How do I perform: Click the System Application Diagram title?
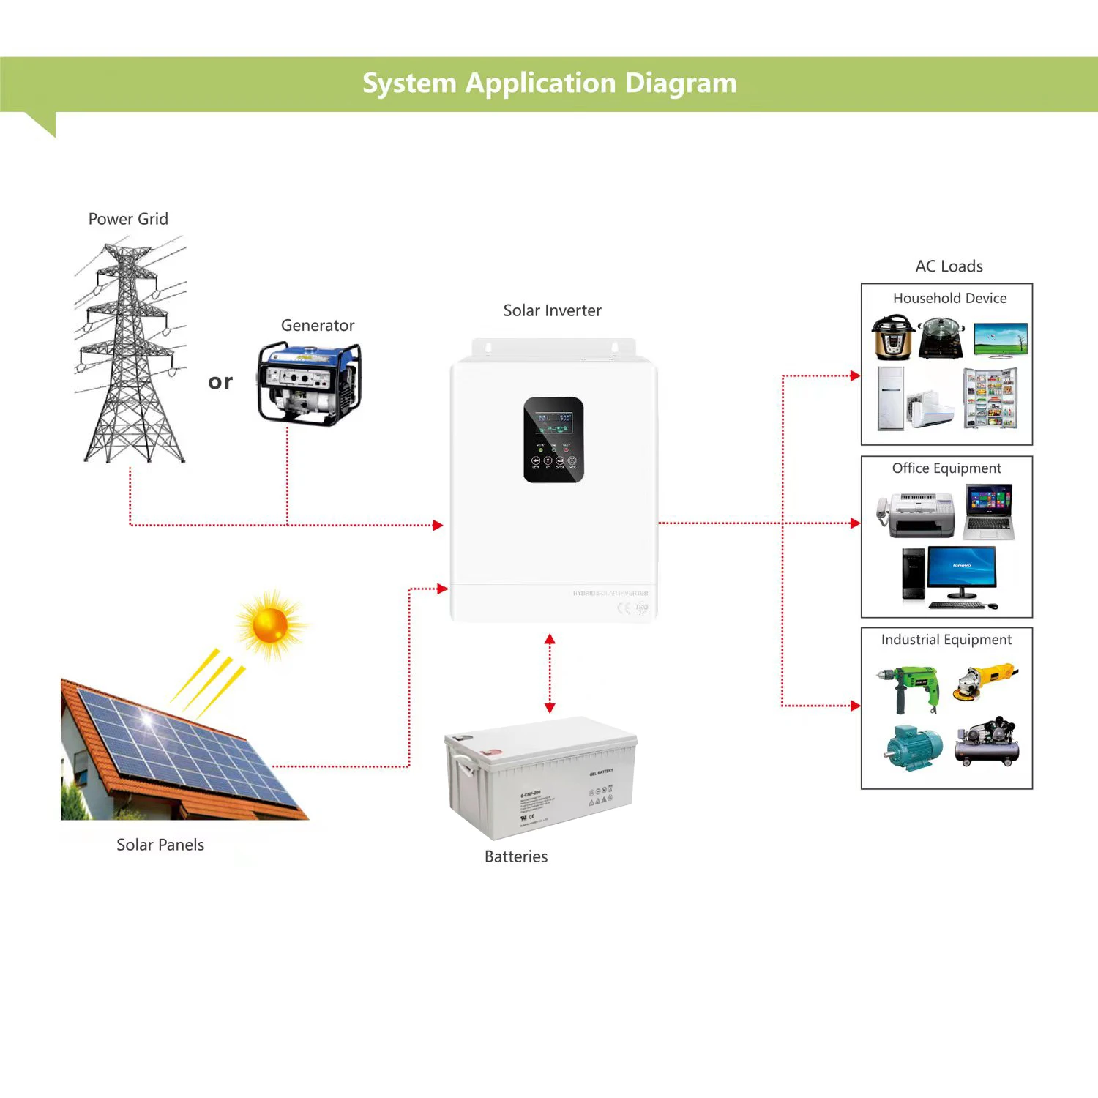549,83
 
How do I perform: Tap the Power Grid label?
128,219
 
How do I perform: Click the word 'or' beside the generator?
220,381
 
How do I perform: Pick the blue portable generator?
309,384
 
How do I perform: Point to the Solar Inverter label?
552,310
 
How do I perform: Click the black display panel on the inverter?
553,440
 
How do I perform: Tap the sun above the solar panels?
270,626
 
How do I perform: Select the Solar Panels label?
160,845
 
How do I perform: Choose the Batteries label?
516,856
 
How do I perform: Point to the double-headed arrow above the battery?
550,673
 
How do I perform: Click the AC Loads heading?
949,266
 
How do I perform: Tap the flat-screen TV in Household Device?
1001,340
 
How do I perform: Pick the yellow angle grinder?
985,681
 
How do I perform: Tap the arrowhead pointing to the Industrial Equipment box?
855,706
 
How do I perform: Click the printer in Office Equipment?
916,515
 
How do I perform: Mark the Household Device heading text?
949,298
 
